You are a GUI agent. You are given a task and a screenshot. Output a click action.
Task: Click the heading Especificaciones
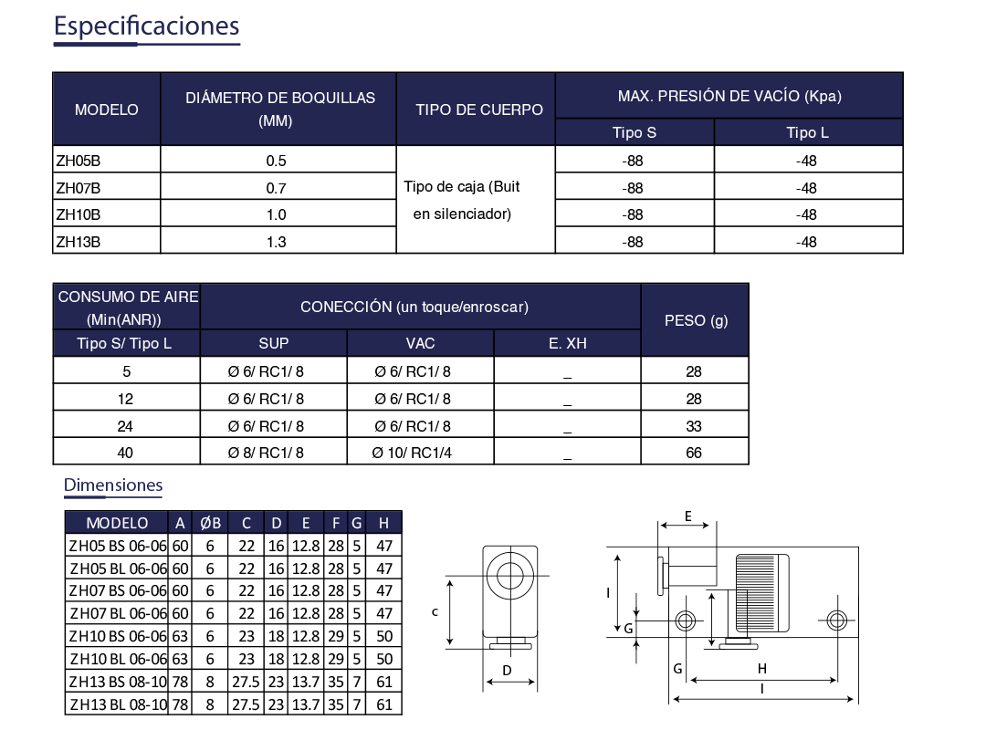click(146, 26)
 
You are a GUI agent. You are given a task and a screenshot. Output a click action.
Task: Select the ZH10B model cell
click(79, 215)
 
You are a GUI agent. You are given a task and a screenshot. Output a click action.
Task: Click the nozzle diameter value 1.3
click(277, 242)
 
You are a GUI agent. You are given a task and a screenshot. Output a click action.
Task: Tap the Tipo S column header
click(634, 132)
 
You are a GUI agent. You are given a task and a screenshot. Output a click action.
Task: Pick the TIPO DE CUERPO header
click(478, 109)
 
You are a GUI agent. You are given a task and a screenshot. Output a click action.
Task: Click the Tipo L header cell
click(807, 132)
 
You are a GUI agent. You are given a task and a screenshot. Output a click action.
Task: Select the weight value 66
click(694, 453)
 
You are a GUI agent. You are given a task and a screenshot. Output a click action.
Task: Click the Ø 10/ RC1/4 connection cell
click(412, 453)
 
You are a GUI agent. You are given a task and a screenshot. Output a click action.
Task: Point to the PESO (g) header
click(696, 320)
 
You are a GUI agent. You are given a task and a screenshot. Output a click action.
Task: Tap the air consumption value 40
click(125, 453)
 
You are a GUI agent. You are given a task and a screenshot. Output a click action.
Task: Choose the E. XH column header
click(567, 343)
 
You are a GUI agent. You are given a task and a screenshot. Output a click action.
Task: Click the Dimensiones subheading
click(113, 485)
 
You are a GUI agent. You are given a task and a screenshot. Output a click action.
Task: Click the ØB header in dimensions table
click(210, 523)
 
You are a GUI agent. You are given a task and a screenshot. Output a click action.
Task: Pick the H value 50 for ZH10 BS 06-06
click(383, 636)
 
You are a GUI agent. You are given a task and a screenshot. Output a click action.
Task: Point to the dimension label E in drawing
click(688, 516)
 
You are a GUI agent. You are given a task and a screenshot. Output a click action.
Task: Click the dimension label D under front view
click(508, 672)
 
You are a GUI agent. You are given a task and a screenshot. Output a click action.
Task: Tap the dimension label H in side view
click(762, 668)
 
